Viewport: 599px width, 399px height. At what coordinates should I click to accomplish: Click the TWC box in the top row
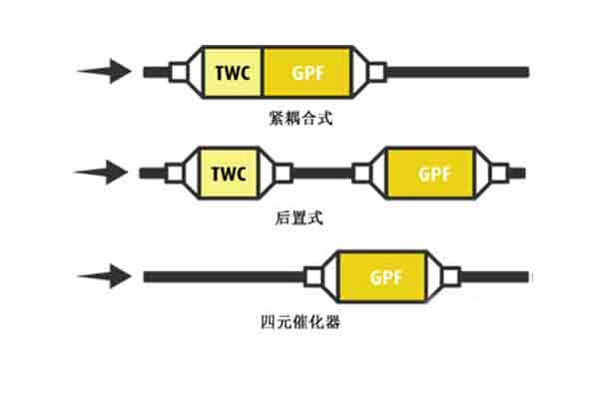(233, 72)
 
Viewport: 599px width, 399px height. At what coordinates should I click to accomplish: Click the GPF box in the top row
(306, 72)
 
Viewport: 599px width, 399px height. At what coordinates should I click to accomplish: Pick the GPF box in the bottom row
(383, 275)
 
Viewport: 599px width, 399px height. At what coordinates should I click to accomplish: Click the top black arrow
(105, 71)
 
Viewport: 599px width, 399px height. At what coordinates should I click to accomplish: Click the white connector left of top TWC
(179, 72)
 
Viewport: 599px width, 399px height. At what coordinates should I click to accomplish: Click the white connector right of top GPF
(377, 72)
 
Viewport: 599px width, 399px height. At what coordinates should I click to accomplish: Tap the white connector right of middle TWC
(283, 173)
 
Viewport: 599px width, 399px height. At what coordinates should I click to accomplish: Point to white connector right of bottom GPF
(451, 275)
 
